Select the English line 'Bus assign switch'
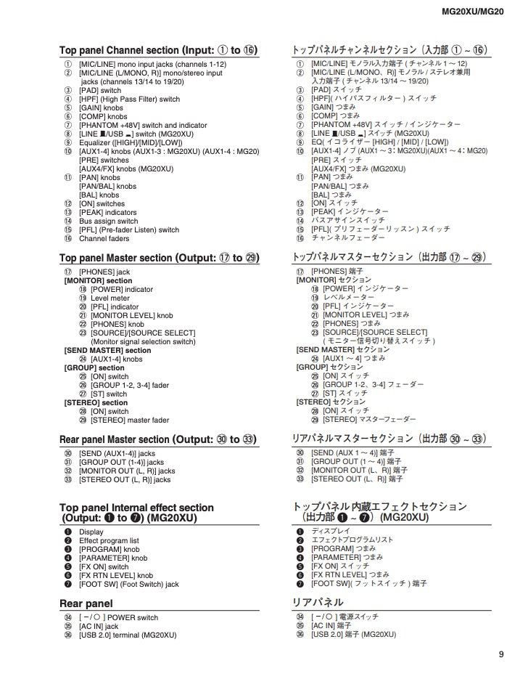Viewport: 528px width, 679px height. (x=108, y=221)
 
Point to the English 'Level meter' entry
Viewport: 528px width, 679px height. (x=110, y=298)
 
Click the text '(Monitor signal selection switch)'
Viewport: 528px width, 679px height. (x=142, y=341)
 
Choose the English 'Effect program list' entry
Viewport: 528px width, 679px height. (x=109, y=541)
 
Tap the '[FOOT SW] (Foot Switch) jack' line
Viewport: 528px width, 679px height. (x=128, y=584)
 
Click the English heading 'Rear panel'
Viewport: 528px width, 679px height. (x=86, y=603)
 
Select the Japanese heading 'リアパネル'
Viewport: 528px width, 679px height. (x=318, y=603)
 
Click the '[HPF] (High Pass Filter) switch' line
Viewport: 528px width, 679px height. (x=129, y=99)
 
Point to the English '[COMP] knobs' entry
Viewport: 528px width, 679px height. (x=103, y=116)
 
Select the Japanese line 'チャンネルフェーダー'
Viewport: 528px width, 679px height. (x=348, y=237)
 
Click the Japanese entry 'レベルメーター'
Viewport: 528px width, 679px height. (x=348, y=297)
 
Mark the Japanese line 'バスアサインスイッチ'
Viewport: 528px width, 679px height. (x=348, y=220)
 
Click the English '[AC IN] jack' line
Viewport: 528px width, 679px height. (x=99, y=626)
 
